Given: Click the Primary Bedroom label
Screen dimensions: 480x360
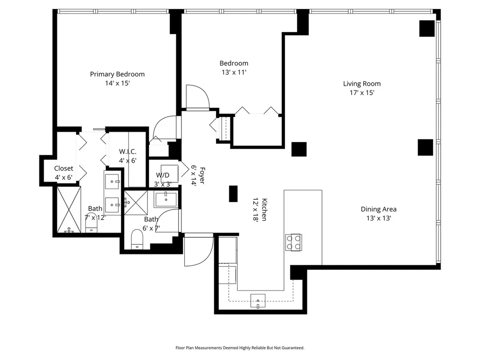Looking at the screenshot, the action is [x=117, y=74].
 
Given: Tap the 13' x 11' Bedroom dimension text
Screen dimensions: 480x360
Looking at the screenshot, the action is [x=234, y=72].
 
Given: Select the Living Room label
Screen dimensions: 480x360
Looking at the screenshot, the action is [x=362, y=83].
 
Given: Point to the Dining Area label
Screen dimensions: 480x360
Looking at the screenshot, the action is [x=379, y=209].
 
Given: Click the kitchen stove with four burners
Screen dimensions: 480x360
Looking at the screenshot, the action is [x=293, y=242].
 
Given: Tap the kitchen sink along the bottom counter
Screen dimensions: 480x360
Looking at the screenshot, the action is [x=258, y=300].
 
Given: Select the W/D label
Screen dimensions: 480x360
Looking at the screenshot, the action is [x=163, y=175].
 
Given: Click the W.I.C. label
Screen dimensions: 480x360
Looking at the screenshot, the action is [x=127, y=151].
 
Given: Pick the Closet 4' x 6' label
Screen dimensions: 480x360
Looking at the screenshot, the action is [x=64, y=172].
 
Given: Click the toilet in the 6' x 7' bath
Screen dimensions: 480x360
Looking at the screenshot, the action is [x=137, y=240].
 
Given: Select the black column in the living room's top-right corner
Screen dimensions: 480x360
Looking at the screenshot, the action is [x=427, y=29].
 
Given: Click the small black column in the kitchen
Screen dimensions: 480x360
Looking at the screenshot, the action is [x=233, y=194].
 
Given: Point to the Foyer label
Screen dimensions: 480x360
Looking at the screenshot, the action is [x=202, y=175].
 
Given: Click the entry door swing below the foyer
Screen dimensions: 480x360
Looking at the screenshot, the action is [x=198, y=250].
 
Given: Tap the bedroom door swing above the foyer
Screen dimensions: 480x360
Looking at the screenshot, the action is [x=197, y=97].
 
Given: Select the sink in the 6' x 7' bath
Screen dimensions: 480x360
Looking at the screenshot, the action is [x=166, y=200].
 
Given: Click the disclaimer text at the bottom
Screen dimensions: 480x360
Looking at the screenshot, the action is [x=240, y=348].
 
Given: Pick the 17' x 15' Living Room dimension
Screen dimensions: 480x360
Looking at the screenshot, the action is [x=362, y=92].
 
